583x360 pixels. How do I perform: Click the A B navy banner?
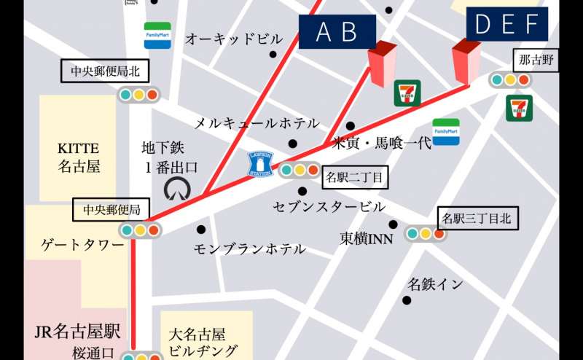coord(337,32)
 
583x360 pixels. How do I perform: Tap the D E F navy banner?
coord(506,24)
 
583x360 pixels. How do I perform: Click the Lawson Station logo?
coord(260,163)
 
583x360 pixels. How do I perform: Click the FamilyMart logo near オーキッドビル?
coord(157,34)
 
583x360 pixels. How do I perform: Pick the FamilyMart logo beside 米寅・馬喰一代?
coord(446,132)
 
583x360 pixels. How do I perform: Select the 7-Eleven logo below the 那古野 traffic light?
coord(519,108)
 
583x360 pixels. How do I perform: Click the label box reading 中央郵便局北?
coord(104,71)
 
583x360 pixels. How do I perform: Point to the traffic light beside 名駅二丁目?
coord(299,171)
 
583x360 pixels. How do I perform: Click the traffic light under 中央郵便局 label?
coord(140,230)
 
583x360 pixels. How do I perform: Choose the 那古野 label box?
coord(536,60)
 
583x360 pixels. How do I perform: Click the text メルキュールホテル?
coord(256,123)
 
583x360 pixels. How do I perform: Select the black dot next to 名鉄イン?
coord(407,300)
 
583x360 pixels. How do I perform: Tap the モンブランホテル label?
coord(249,249)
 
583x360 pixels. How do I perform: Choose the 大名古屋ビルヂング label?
coord(203,343)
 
